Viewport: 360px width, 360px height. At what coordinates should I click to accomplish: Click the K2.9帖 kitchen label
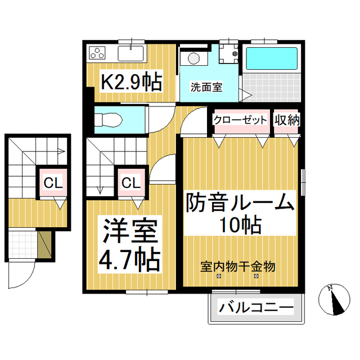(x=132, y=82)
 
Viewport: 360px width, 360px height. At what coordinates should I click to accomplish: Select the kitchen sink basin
(x=130, y=53)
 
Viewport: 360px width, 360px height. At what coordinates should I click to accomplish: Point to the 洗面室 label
(x=206, y=87)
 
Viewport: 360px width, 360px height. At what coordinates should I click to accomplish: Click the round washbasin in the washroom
(x=193, y=58)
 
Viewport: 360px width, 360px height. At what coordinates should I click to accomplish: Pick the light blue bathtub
(x=272, y=58)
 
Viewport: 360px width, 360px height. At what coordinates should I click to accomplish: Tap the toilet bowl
(x=109, y=120)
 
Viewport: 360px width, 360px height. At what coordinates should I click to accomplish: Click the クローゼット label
(x=241, y=120)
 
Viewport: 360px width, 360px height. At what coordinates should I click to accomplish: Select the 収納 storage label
(x=287, y=120)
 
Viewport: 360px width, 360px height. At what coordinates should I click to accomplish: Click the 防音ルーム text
(x=240, y=202)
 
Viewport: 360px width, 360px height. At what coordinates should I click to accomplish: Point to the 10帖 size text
(x=240, y=224)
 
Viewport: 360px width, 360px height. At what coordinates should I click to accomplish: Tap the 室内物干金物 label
(x=238, y=267)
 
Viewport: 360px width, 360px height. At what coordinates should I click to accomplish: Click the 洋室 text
(x=130, y=231)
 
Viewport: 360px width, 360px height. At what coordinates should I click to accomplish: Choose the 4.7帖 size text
(x=129, y=260)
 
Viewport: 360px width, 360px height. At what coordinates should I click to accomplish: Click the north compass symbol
(x=334, y=300)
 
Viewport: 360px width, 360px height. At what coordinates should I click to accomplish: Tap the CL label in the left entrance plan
(x=53, y=183)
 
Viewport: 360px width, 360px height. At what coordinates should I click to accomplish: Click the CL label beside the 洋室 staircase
(x=131, y=183)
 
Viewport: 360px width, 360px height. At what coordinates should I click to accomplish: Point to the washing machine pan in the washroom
(x=228, y=53)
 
